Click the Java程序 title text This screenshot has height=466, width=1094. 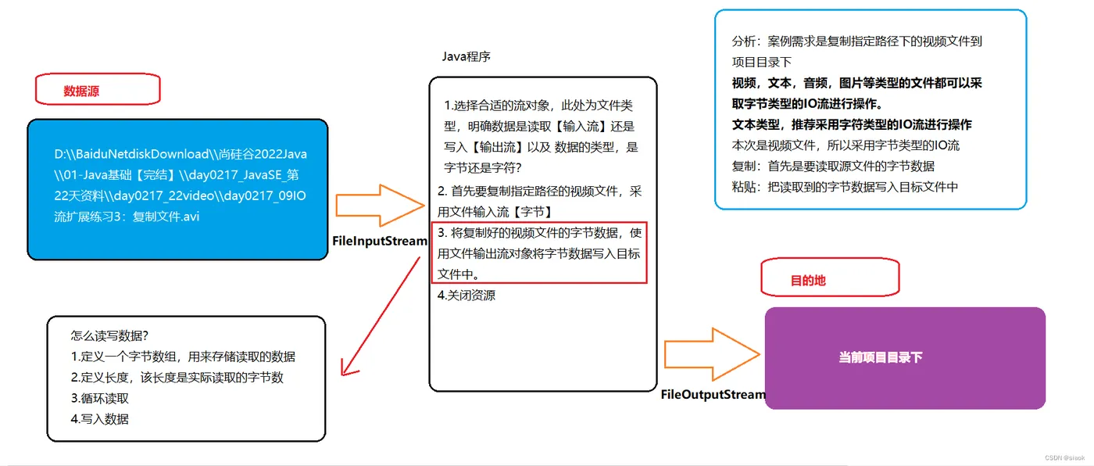(x=466, y=56)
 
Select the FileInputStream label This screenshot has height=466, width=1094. (x=380, y=241)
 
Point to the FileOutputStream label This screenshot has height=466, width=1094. (x=713, y=394)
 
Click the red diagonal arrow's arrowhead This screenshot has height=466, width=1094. (x=346, y=367)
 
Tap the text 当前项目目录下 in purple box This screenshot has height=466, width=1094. (x=880, y=357)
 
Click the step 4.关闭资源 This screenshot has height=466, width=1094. (x=467, y=295)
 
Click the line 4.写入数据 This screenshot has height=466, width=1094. (x=100, y=418)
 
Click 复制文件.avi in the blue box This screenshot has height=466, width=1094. (x=156, y=216)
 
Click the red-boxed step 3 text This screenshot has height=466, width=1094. (x=539, y=253)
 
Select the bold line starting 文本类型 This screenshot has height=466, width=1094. (x=851, y=124)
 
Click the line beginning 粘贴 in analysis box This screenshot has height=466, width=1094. (x=844, y=186)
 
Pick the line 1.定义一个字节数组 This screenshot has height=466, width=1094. (x=183, y=357)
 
